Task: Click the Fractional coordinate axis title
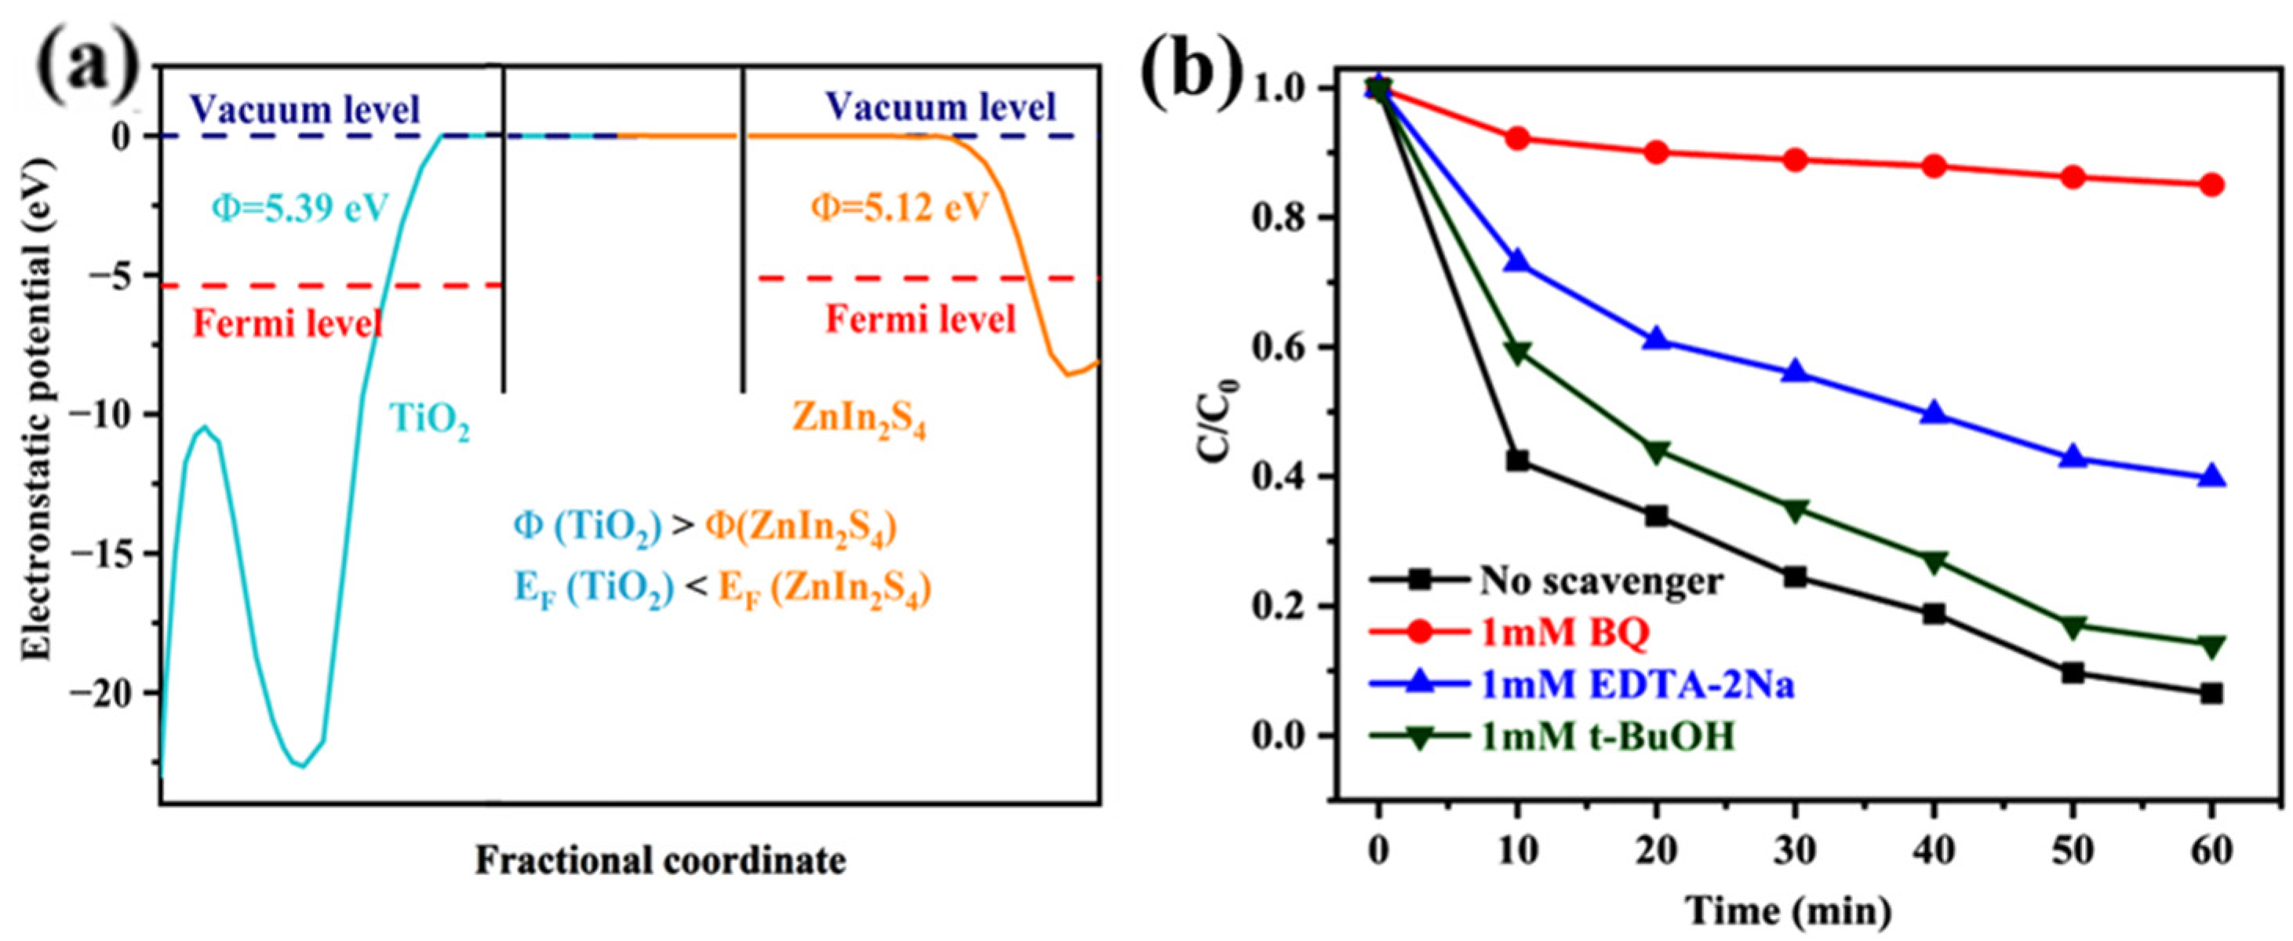[661, 861]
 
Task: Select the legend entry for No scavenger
[1600, 582]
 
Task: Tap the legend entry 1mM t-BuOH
[1607, 738]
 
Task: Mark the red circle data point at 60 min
[2211, 185]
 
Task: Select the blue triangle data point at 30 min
[1796, 371]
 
